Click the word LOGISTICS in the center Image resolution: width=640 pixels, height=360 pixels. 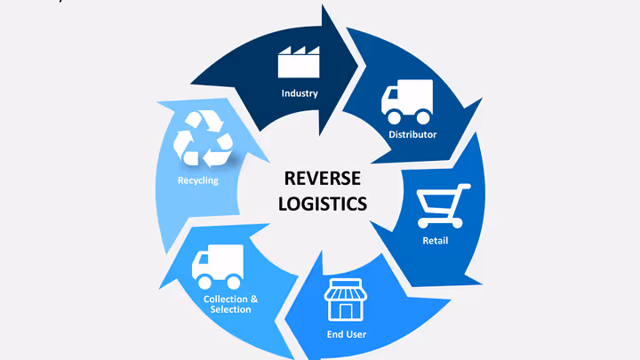(322, 204)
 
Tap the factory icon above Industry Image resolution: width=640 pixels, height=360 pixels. (299, 62)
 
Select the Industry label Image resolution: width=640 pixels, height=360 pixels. (300, 93)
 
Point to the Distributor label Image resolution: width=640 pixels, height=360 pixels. (412, 134)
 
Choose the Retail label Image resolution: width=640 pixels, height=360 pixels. (435, 241)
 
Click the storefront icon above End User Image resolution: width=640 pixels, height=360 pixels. (346, 301)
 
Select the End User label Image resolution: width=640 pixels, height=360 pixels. (346, 335)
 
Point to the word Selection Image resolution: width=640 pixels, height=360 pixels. (230, 309)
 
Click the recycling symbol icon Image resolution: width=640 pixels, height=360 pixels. (204, 139)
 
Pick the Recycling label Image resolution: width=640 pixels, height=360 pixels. (198, 180)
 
